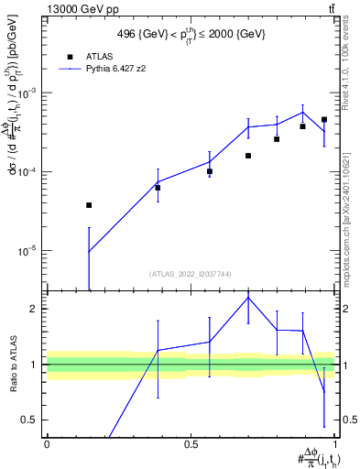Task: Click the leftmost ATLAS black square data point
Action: point(89,205)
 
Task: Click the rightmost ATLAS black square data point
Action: point(324,119)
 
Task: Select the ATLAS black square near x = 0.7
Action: point(248,156)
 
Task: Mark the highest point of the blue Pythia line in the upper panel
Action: point(302,113)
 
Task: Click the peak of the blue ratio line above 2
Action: point(248,298)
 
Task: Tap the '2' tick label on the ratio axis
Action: point(34,309)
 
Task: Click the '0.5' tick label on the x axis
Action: point(191,442)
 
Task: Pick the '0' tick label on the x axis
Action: point(46,442)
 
